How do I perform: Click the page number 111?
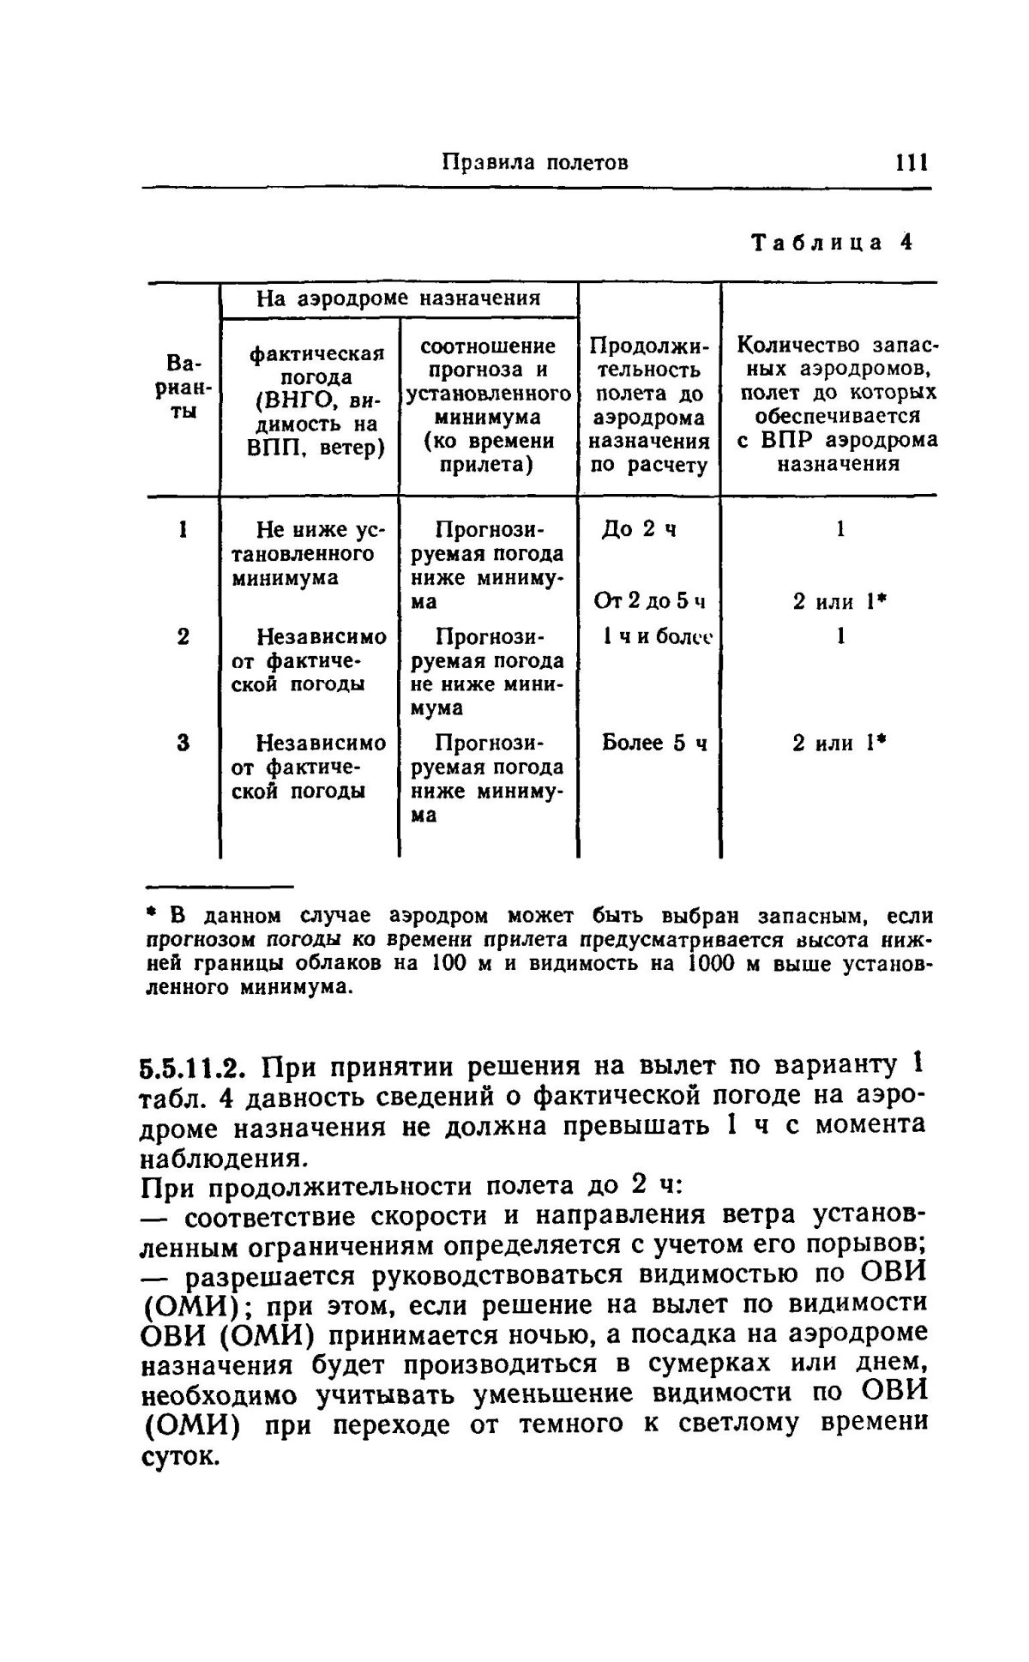[x=912, y=162]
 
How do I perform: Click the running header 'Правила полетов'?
[x=535, y=163]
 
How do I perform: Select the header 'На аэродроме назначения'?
[x=399, y=298]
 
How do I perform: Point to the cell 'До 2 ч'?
[x=640, y=529]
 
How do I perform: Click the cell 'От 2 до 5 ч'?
[x=649, y=602]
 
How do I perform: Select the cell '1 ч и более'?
[x=658, y=637]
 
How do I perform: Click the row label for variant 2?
[x=183, y=636]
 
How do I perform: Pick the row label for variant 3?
[x=183, y=743]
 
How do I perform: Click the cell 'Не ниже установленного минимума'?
[x=310, y=554]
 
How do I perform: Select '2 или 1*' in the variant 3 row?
[x=839, y=743]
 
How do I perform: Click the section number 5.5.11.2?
[x=194, y=1069]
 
